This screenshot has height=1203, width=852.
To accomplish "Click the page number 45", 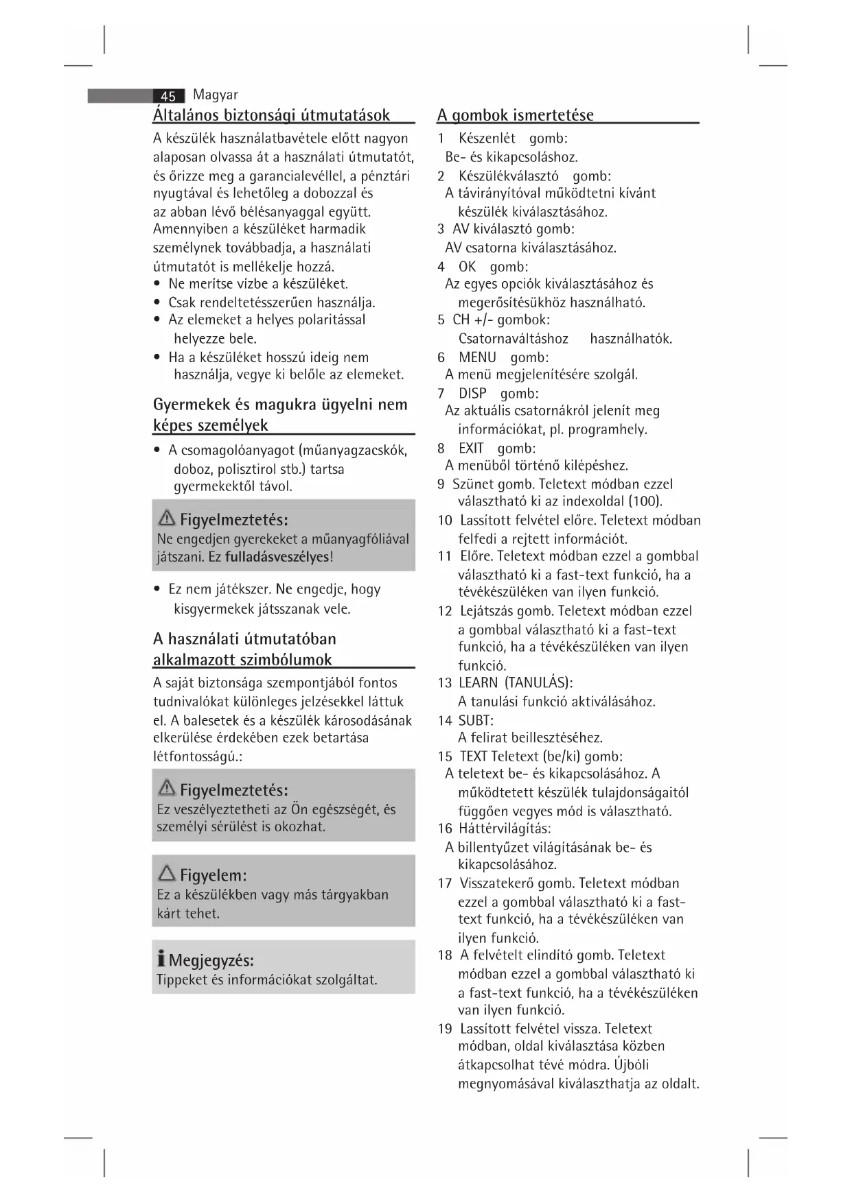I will (x=168, y=97).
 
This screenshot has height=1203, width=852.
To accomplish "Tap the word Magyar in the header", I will (x=216, y=95).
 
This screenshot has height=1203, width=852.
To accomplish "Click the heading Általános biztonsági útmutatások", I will (x=271, y=115).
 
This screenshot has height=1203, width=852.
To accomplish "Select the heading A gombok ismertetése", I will (x=516, y=115).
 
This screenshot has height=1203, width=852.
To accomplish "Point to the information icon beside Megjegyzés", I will (x=161, y=959).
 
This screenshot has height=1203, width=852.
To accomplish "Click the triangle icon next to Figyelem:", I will (x=166, y=873).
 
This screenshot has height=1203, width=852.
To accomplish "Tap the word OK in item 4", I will (x=468, y=267).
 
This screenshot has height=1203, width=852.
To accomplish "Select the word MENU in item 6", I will (x=477, y=357).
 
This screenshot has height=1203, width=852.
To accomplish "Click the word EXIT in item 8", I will (x=471, y=449).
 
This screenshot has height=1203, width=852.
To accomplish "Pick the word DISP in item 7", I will (x=472, y=394).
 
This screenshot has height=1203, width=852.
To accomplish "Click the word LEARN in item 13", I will (x=478, y=682).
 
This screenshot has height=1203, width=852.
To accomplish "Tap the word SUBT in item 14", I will (x=474, y=720).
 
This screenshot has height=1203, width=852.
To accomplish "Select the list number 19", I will (x=445, y=1029).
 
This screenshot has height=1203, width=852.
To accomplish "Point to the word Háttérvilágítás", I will (x=504, y=829).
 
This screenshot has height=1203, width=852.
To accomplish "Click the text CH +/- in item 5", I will (x=471, y=320).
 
